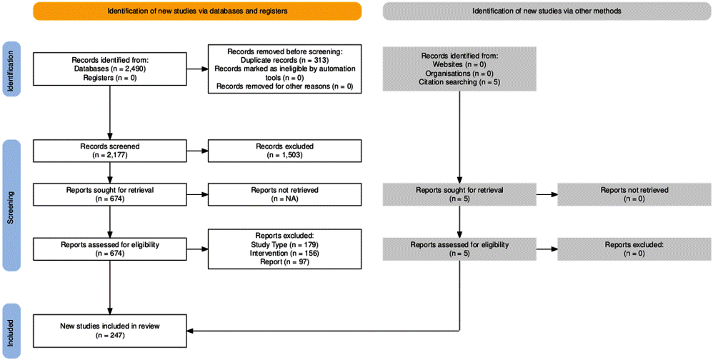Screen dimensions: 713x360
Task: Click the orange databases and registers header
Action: [197, 11]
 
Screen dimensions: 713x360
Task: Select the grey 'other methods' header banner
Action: [547, 11]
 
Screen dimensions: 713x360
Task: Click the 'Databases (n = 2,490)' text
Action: [109, 69]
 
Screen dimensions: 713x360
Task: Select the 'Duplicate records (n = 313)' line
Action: [284, 60]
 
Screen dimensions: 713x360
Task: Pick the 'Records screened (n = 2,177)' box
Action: [109, 151]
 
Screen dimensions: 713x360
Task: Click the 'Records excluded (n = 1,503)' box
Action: [284, 151]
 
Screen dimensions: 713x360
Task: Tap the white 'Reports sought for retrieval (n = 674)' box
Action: [109, 194]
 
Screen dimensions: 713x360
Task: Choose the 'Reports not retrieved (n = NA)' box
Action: [284, 194]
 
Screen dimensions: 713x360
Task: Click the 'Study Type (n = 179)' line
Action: [284, 244]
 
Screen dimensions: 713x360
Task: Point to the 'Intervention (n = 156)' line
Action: [284, 253]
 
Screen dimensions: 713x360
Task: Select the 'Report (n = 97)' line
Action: [284, 262]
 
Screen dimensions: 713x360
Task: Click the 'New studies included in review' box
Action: [109, 331]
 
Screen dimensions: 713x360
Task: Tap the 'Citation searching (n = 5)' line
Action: [459, 82]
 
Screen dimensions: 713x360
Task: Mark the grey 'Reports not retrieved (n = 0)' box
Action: [634, 194]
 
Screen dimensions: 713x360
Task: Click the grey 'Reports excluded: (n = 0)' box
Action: [634, 249]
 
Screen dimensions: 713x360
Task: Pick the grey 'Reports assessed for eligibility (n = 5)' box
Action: [459, 249]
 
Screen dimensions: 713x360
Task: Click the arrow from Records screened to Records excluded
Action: [197, 151]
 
